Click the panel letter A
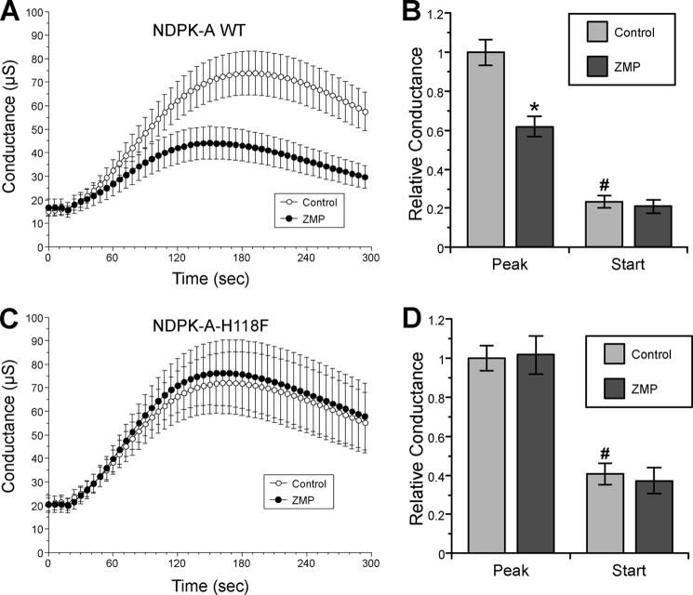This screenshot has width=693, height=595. tap(11, 12)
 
